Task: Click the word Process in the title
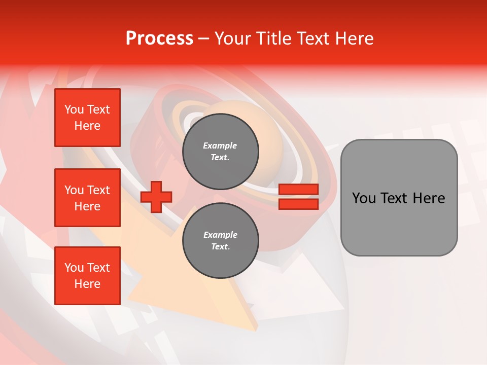coord(159,39)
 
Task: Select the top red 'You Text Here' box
coord(87,118)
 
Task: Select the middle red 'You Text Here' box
coord(87,198)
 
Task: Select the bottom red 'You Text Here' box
coord(87,276)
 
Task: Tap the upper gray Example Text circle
coord(220,152)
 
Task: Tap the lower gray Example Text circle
coord(220,241)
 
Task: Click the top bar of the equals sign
coord(298,190)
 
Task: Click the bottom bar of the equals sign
coord(298,204)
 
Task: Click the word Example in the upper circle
coord(220,145)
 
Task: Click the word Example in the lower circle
coord(220,235)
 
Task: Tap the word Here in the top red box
coord(87,126)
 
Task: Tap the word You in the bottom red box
coord(74,268)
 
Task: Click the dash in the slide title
coord(203,39)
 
